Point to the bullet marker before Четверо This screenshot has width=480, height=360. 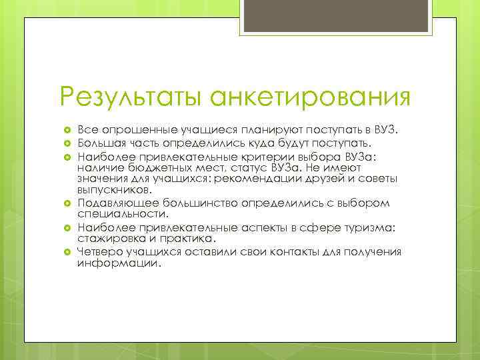(67, 251)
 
